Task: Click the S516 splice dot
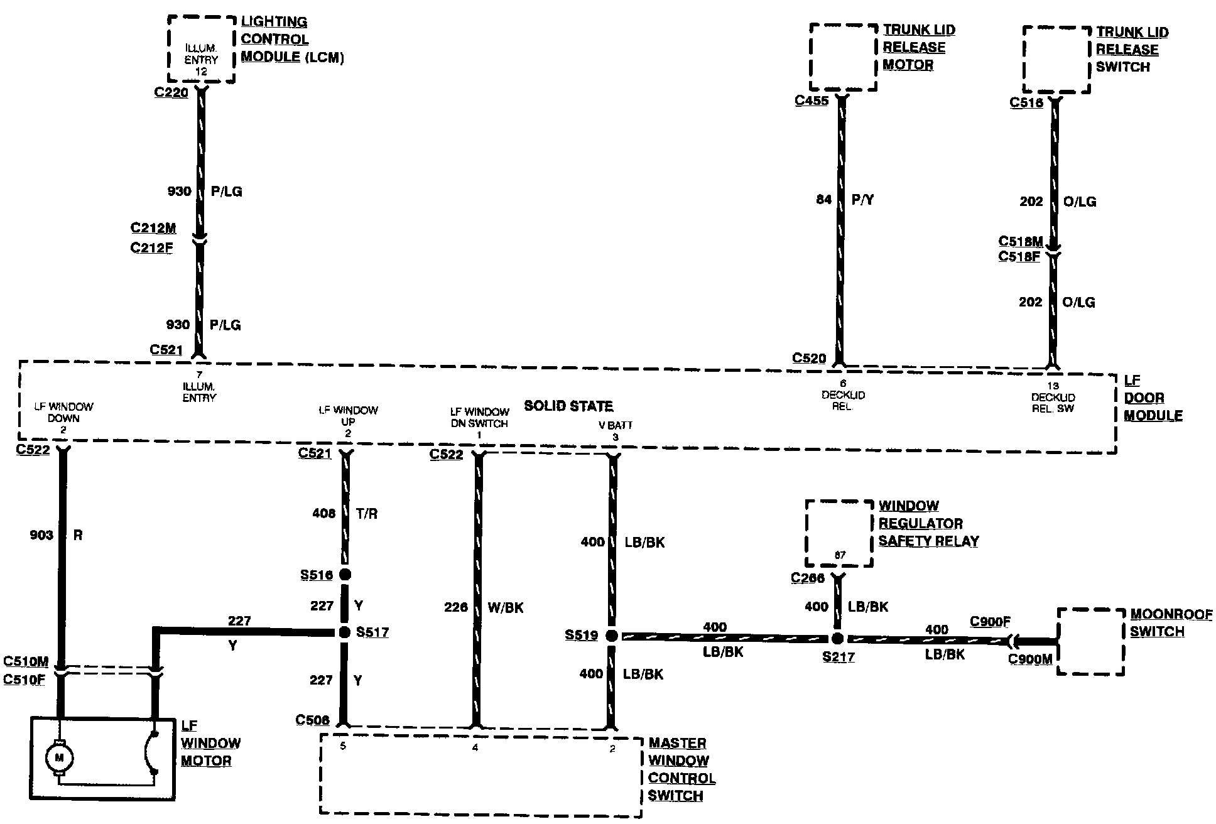coord(344,575)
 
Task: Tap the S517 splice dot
coord(344,632)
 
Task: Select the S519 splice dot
coord(612,636)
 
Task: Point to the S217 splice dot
coord(837,639)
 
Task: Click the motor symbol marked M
coord(60,758)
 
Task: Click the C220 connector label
coord(171,92)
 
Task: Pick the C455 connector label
coord(812,100)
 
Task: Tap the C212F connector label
coord(151,247)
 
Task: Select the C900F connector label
coord(990,622)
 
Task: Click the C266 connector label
coord(808,578)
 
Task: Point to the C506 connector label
coord(312,720)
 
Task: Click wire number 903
coord(41,535)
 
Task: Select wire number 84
coord(823,200)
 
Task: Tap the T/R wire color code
coord(367,514)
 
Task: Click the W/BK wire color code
coord(505,607)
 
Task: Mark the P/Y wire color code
coord(862,200)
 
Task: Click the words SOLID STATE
coord(568,406)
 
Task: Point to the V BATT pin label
coord(615,425)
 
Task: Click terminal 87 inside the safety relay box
coord(840,555)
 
